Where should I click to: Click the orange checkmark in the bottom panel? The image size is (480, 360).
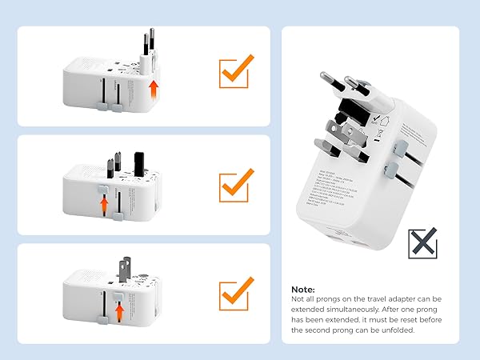pos(235,297)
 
